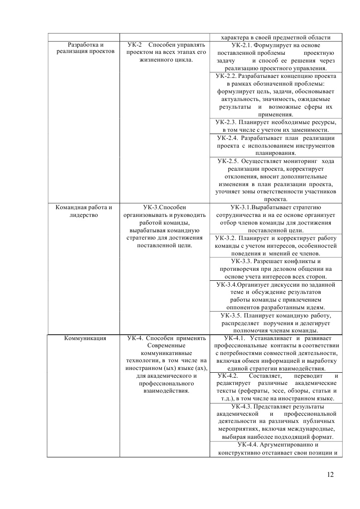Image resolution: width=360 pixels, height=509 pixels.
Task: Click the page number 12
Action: point(330,475)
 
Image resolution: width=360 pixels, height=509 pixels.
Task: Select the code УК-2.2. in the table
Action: point(226,76)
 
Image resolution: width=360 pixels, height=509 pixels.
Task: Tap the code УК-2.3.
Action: point(226,122)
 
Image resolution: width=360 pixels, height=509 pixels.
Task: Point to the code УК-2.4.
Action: point(227,138)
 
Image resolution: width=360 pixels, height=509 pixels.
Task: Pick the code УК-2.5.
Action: point(228,161)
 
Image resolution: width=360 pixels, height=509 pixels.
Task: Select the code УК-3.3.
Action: point(242,261)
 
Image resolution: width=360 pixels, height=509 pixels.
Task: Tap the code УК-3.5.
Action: point(231,315)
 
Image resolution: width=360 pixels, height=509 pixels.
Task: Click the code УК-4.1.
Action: point(234,338)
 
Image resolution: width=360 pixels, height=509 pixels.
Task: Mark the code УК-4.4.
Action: point(241,445)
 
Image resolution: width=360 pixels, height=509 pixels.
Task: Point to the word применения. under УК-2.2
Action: point(276,115)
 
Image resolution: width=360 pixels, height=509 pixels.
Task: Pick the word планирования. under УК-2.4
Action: point(276,153)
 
